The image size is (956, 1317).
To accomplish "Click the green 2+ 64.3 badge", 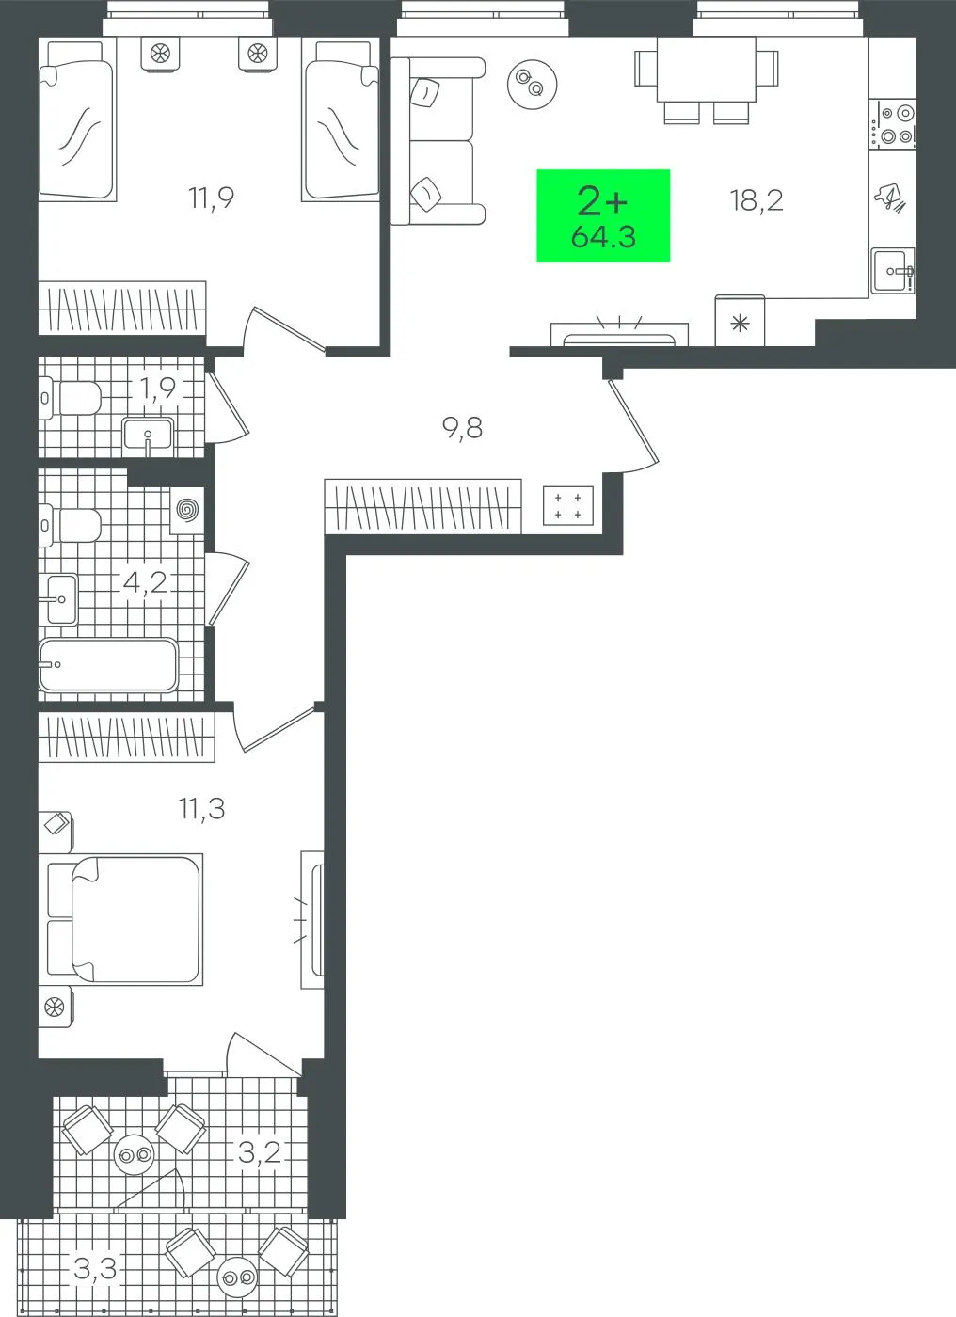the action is point(603,215).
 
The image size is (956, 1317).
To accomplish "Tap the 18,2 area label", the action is point(757,200).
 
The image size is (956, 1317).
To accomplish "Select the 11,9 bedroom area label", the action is point(211,198).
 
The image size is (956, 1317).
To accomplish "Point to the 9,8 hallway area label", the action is point(462,429).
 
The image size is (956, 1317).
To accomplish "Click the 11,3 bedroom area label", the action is point(201,809).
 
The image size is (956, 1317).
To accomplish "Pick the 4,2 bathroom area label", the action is point(145,582).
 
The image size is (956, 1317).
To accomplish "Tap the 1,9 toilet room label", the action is point(158,388).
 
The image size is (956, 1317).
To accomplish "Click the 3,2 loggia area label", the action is point(260,1152).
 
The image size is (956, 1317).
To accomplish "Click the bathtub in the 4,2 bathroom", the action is point(108,665).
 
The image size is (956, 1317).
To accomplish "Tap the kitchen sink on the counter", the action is point(893,271).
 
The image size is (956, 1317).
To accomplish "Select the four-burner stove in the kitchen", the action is point(893,124).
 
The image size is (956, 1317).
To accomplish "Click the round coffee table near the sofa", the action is point(532,84).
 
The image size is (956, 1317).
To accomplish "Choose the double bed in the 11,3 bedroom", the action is point(124,920).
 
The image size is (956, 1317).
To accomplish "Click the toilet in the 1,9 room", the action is point(70,398).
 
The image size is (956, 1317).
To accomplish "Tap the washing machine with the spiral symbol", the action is point(187,510).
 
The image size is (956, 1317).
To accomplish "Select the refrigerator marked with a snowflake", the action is point(740,321).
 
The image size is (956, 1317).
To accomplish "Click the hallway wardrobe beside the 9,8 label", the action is point(423,506).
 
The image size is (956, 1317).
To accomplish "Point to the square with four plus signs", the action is point(568,506).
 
